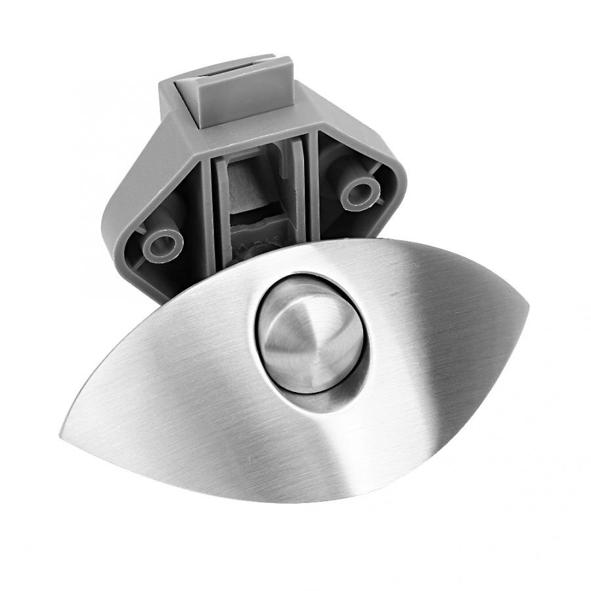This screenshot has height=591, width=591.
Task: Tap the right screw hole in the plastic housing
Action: tap(361, 192)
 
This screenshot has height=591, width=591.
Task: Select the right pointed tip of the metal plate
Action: tap(526, 305)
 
